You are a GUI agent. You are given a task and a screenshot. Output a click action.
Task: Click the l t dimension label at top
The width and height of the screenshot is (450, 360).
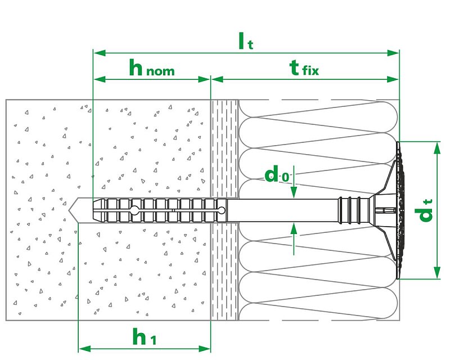click(x=246, y=41)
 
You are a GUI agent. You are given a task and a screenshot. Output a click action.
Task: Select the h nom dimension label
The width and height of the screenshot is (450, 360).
click(x=152, y=67)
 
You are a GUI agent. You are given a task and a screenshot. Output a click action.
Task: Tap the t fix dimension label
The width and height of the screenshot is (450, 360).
click(x=304, y=68)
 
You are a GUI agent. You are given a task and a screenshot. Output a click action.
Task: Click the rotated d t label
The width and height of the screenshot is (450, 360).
click(x=424, y=210)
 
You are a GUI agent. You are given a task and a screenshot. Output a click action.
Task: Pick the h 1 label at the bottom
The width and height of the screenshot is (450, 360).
click(x=145, y=337)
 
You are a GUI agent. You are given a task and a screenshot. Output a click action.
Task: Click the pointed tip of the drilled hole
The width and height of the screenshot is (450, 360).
click(x=69, y=211)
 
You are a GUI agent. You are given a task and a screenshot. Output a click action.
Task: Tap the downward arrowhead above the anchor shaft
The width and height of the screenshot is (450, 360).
click(x=294, y=192)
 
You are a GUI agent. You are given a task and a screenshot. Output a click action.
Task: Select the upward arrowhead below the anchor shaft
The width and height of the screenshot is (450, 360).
click(x=294, y=229)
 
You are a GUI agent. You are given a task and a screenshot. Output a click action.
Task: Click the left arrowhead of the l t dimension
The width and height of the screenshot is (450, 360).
click(x=100, y=53)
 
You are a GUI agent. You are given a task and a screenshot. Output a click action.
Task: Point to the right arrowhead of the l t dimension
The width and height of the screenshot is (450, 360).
click(x=393, y=53)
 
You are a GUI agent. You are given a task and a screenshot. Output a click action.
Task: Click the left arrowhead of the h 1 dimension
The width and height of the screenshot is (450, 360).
click(x=85, y=349)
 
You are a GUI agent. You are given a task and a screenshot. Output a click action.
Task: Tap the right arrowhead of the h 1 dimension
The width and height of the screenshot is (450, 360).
click(x=204, y=349)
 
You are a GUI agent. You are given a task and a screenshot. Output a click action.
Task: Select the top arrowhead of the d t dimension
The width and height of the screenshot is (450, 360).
click(x=437, y=148)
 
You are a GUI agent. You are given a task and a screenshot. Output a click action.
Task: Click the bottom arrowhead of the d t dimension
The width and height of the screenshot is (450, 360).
click(x=437, y=272)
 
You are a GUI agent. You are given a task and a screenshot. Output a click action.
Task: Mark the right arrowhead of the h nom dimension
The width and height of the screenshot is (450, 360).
click(x=204, y=79)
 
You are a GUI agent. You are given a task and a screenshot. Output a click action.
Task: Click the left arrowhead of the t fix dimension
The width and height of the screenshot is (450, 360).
click(x=217, y=79)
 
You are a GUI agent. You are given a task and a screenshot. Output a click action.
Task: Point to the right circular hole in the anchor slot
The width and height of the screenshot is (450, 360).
click(x=222, y=210)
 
